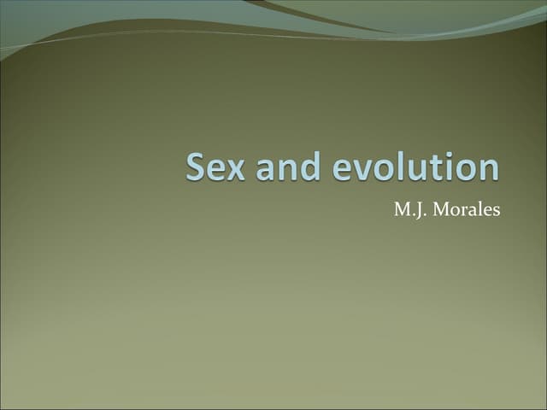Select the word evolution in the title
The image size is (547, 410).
[415, 167]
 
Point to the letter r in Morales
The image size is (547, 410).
[467, 212]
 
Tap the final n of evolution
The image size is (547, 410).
[487, 169]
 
